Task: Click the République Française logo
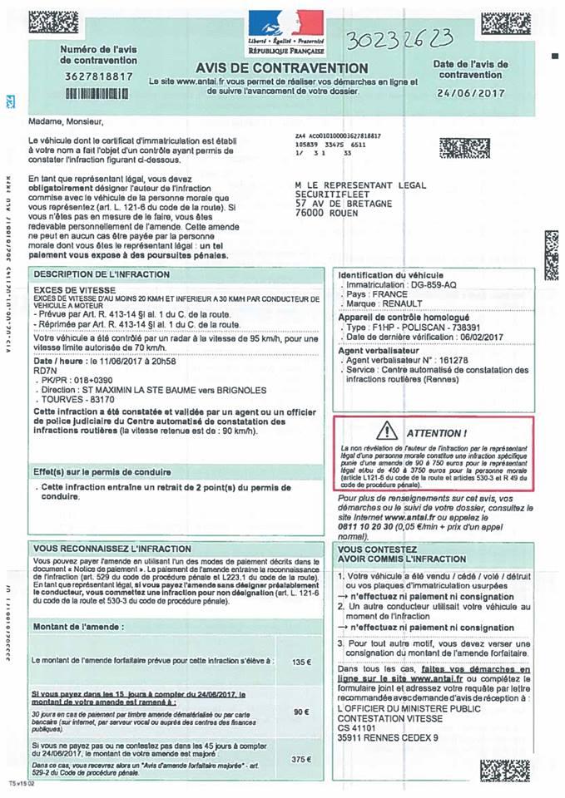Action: [x=285, y=27]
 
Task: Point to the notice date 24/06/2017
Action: [x=470, y=93]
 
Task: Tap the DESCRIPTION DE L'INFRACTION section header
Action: [x=90, y=273]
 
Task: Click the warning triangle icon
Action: [x=387, y=431]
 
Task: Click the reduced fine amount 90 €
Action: [x=301, y=712]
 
